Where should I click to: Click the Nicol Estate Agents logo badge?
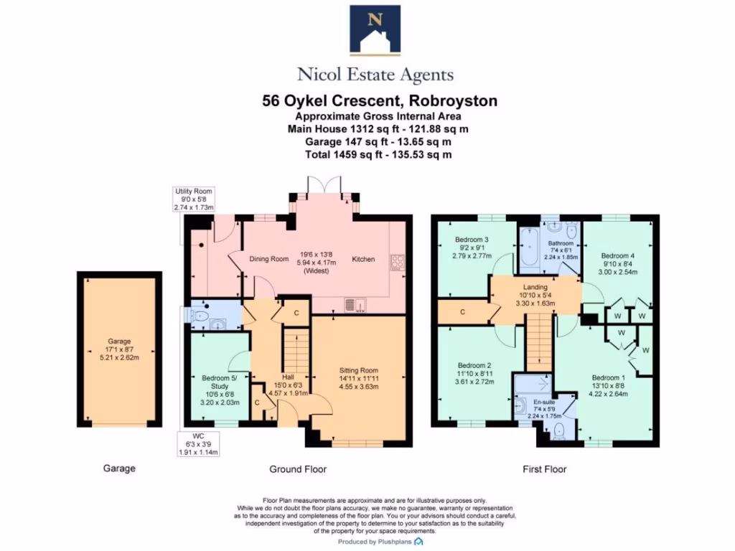[375, 31]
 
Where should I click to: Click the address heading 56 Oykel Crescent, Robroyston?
[380, 101]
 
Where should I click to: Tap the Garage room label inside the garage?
[119, 342]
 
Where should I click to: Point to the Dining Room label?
[268, 259]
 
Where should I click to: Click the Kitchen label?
[362, 259]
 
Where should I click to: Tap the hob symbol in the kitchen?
[397, 262]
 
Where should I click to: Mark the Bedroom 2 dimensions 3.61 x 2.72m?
[471, 382]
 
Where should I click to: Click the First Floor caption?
[544, 469]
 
